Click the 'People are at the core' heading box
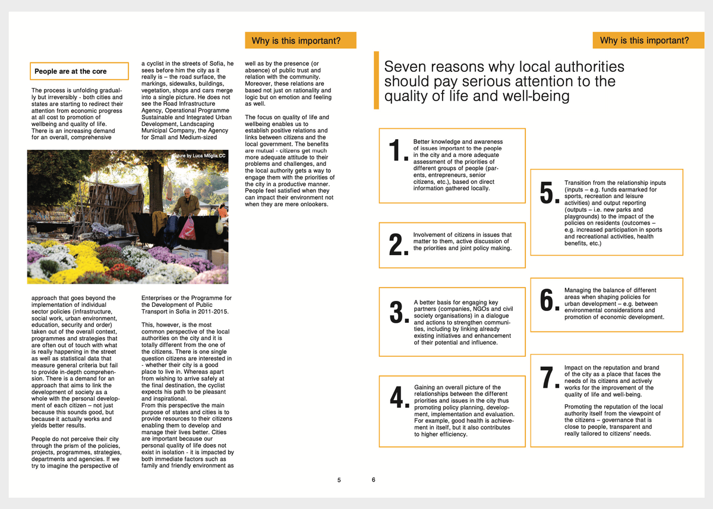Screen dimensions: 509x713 click(79, 71)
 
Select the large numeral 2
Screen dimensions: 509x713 click(396, 244)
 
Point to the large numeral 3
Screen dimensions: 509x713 click(396, 313)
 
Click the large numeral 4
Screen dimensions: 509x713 click(396, 398)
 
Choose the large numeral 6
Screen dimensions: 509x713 click(547, 300)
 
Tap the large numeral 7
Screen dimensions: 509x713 click(547, 379)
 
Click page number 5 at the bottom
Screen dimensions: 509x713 click(339, 480)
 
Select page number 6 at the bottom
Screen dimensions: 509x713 click(374, 479)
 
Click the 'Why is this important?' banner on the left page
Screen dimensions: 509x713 click(300, 40)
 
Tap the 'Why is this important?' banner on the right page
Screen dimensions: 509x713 click(644, 40)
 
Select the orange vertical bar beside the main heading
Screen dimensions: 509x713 click(376, 80)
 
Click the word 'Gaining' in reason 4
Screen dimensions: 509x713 click(426, 387)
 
